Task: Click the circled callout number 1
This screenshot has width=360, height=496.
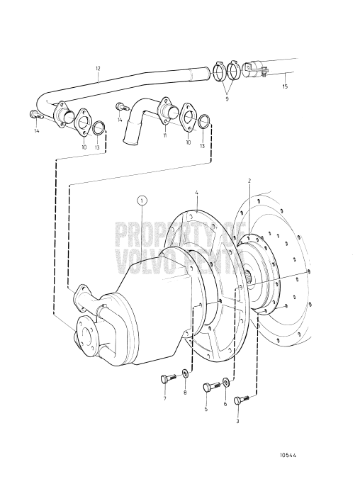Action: (x=142, y=201)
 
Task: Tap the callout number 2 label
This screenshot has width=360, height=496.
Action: (x=249, y=181)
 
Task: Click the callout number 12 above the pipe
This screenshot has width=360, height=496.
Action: (x=98, y=68)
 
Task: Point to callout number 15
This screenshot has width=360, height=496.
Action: (x=286, y=86)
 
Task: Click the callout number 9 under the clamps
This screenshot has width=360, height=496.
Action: (x=227, y=98)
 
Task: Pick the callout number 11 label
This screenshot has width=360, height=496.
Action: (x=165, y=135)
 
